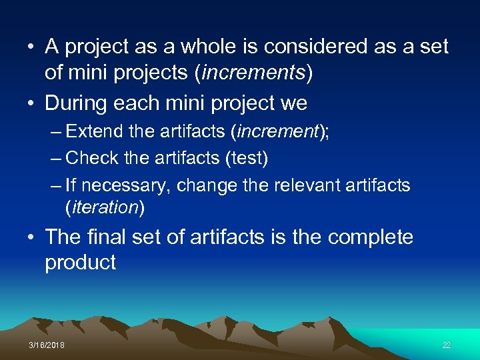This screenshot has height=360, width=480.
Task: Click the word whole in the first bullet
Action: pyautogui.click(x=193, y=47)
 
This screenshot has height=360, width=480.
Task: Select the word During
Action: pyautogui.click(x=75, y=103)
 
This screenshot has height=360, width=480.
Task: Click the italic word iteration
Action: pyautogui.click(x=104, y=207)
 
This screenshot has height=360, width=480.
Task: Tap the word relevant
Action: pyautogui.click(x=309, y=185)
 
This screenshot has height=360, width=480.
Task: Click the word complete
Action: pyautogui.click(x=370, y=237)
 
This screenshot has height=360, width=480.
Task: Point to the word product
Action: pyautogui.click(x=80, y=263)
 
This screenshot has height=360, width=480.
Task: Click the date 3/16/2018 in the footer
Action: pyautogui.click(x=47, y=345)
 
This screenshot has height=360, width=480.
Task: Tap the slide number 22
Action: pyautogui.click(x=447, y=345)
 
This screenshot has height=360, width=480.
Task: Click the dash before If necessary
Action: pyautogui.click(x=56, y=185)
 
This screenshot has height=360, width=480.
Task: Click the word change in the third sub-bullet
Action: pyautogui.click(x=208, y=185)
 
